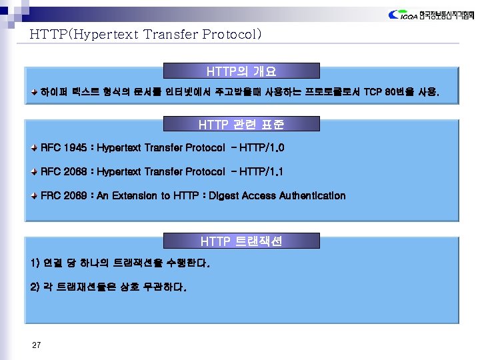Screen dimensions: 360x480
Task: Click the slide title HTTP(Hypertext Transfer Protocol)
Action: (x=145, y=34)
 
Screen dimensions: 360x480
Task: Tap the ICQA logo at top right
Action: (x=429, y=15)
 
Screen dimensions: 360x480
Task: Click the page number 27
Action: (x=37, y=345)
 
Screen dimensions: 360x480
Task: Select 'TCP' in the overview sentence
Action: (x=373, y=91)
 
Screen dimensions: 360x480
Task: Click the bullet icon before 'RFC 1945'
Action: (x=35, y=147)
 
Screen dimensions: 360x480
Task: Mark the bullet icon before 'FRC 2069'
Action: (x=35, y=195)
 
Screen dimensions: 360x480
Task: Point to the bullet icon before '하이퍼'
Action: (x=35, y=91)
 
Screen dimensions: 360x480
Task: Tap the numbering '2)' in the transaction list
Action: (x=36, y=288)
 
